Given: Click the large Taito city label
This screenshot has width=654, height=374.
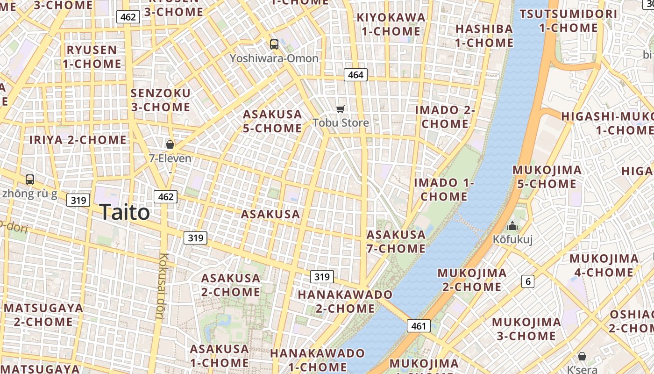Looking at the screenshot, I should pos(125,212).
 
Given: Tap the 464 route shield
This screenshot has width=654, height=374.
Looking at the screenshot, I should pos(355,75).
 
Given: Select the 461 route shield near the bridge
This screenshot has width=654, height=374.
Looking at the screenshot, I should pos(418,326).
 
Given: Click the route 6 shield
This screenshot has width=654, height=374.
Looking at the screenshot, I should pos(528,281).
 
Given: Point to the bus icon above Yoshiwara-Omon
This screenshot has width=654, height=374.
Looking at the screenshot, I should pos(274,44).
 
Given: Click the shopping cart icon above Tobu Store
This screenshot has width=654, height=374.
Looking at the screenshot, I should pos(341,109).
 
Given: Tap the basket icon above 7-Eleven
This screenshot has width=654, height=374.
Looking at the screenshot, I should pos(170,144).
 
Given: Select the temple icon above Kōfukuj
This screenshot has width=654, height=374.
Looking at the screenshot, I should pos(512,226).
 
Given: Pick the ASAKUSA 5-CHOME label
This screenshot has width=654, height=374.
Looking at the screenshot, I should pos(272,121).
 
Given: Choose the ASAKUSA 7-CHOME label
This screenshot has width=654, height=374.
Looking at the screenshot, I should pos(396,241).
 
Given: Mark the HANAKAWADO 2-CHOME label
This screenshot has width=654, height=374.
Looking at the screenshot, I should pos(345,302).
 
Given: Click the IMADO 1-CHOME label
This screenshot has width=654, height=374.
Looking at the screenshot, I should pos(444,189).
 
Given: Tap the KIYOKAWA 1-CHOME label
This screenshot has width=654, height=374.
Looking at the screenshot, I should pos(391,24).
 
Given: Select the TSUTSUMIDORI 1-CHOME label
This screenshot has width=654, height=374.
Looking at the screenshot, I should pos(568,21).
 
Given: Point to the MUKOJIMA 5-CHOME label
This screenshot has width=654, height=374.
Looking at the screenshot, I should pos(547,177).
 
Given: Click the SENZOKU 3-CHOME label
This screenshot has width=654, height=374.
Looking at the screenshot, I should pos(160,100).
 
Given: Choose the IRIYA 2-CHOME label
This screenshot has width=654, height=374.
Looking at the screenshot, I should pos(78,140).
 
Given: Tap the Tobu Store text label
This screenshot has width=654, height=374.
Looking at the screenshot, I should pos(341,123).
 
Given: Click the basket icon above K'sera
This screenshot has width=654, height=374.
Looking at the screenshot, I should pos(582,356).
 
